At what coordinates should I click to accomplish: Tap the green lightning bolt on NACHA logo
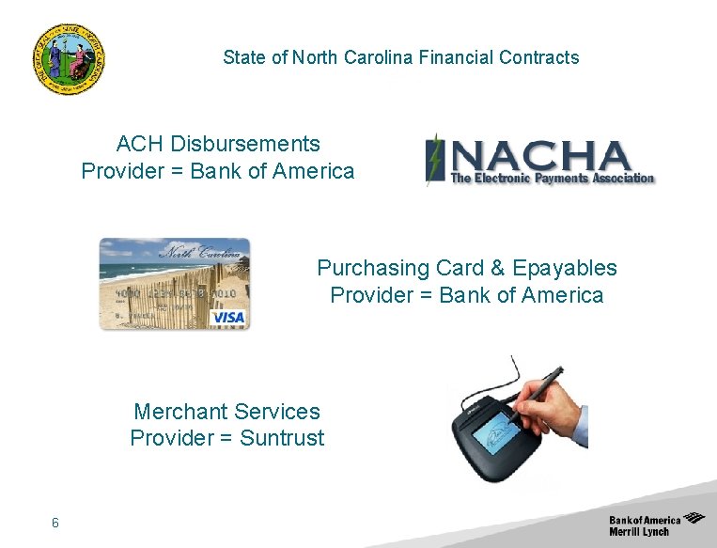434,158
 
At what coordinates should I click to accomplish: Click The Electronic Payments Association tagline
552,178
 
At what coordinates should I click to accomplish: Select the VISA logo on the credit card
227,317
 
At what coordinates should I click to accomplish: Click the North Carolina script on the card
203,252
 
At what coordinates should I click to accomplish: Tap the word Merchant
180,411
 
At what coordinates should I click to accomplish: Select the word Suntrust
282,437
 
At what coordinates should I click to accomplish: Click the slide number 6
55,523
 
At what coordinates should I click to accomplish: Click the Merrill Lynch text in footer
639,531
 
